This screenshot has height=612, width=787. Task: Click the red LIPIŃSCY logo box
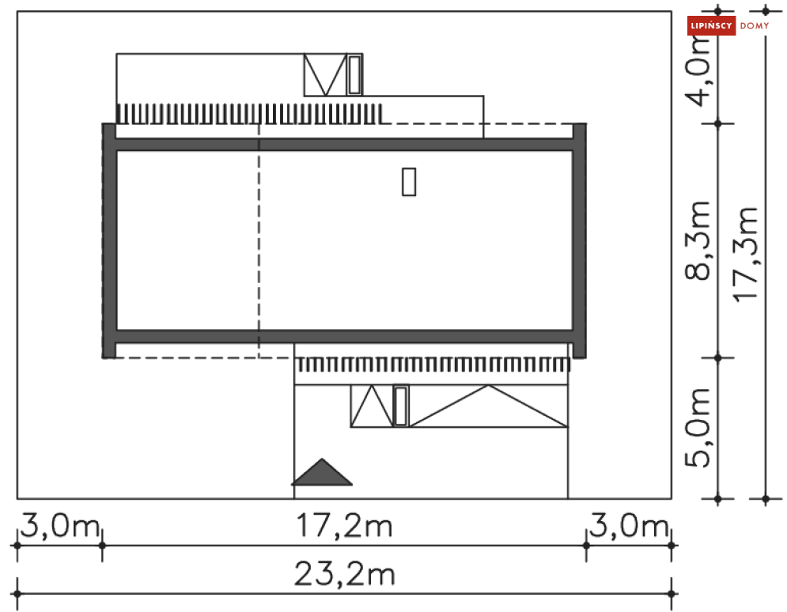point(711,26)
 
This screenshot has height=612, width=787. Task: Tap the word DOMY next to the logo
point(755,26)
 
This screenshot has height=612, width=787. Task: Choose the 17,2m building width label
point(344,526)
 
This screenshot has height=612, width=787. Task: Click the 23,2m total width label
point(344,575)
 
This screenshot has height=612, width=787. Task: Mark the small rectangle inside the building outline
point(408,181)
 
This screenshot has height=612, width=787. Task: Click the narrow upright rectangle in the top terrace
point(355,75)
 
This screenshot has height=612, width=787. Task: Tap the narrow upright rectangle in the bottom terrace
point(401,406)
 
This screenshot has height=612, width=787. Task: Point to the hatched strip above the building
point(249,114)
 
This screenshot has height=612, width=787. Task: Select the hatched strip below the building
point(432,365)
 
